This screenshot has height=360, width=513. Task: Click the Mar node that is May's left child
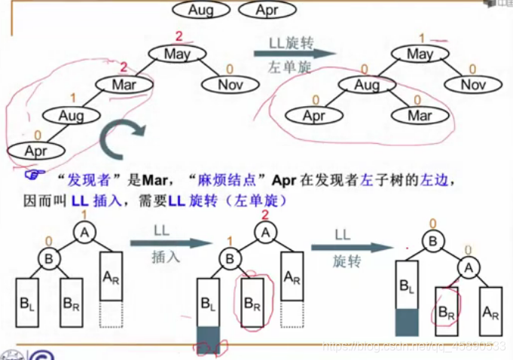pos(124,85)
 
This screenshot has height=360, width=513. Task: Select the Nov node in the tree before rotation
pos(231,84)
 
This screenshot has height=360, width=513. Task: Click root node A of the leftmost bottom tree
pos(84,233)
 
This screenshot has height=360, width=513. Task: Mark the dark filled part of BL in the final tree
pos(406,322)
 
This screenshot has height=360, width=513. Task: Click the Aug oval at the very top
pos(201,11)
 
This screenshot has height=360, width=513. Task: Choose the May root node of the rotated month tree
pos(420,53)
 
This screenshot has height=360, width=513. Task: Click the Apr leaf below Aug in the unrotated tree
pos(35,151)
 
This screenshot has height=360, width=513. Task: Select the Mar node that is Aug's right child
pos(420,116)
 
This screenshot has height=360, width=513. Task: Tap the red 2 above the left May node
pos(179,36)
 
